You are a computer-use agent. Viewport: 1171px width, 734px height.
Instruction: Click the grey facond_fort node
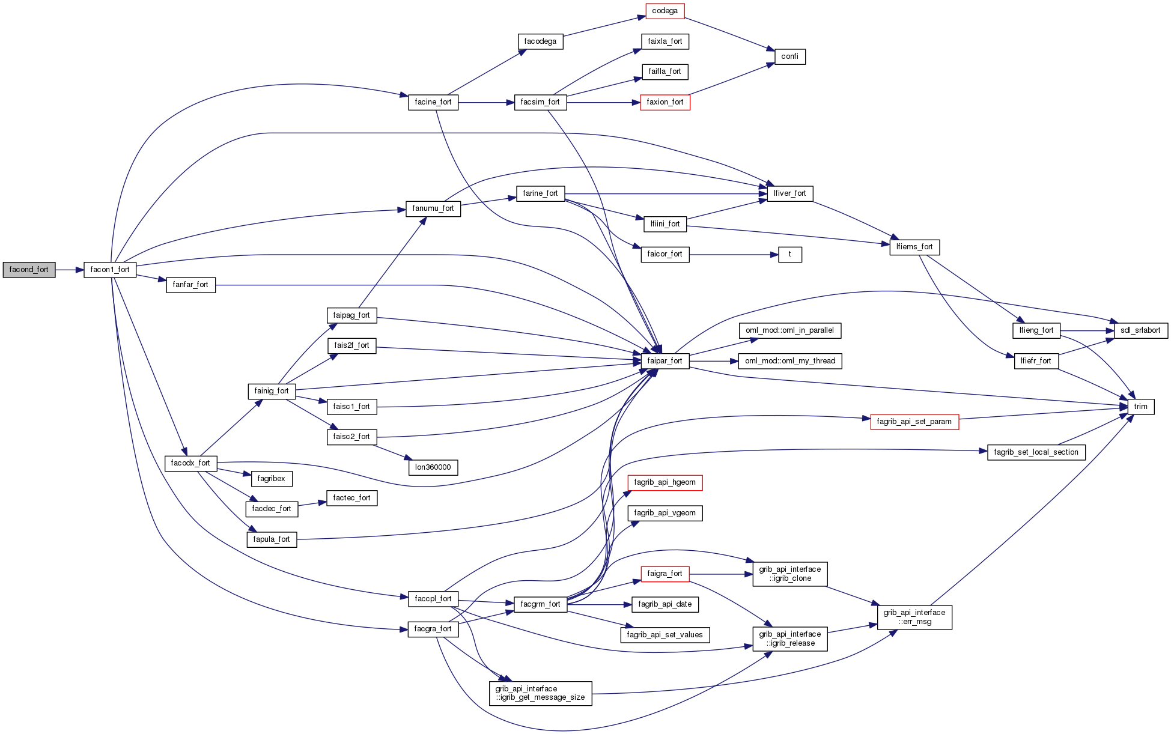pyautogui.click(x=29, y=270)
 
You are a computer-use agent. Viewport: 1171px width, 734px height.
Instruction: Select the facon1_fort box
pyautogui.click(x=110, y=270)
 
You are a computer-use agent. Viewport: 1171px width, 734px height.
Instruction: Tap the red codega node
pyautogui.click(x=665, y=11)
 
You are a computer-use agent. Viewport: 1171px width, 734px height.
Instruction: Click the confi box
pyautogui.click(x=789, y=56)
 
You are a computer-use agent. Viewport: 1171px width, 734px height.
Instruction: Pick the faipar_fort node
pyautogui.click(x=665, y=361)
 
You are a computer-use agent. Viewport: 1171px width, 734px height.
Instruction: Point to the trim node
pyautogui.click(x=1140, y=407)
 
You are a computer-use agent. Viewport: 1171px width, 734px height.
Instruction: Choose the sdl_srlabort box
pyautogui.click(x=1140, y=330)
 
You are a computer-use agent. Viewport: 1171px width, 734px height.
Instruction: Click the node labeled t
pyautogui.click(x=789, y=254)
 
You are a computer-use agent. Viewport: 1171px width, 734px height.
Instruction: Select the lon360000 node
pyautogui.click(x=433, y=467)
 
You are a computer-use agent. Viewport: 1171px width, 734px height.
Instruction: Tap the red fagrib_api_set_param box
pyautogui.click(x=914, y=422)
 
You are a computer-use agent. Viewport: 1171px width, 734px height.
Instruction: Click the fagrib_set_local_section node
pyautogui.click(x=1036, y=452)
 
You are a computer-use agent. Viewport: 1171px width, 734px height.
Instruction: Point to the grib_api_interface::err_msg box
pyautogui.click(x=914, y=617)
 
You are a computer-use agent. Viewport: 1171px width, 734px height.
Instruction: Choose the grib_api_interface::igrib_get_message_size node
pyautogui.click(x=540, y=693)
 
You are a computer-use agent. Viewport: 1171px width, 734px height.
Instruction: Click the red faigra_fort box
pyautogui.click(x=665, y=574)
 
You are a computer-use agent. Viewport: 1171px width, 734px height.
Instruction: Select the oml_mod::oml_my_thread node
pyautogui.click(x=789, y=361)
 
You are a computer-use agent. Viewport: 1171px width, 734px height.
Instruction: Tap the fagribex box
pyautogui.click(x=271, y=479)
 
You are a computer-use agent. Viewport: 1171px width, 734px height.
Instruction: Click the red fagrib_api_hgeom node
pyautogui.click(x=665, y=482)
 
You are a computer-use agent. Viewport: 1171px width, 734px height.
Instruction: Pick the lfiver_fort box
pyautogui.click(x=789, y=193)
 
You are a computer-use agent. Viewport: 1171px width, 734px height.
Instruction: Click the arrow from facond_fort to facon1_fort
pyautogui.click(x=69, y=270)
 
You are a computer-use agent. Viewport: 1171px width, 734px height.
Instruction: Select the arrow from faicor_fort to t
pyautogui.click(x=733, y=255)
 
